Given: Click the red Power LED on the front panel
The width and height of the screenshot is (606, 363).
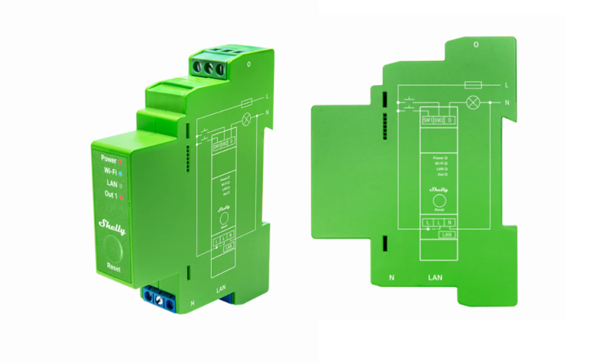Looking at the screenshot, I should point(120,161).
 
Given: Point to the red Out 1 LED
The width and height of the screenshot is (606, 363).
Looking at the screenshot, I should point(120,197).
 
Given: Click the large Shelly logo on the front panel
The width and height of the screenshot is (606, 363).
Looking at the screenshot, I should point(112,227).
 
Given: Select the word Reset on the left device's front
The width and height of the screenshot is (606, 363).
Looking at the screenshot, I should point(113,269).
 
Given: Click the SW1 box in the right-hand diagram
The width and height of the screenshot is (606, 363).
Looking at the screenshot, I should point(427,120).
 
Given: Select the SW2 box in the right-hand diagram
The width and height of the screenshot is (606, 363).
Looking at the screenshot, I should point(439,120).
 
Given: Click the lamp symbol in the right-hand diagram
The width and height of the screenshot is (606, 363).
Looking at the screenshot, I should point(472,102).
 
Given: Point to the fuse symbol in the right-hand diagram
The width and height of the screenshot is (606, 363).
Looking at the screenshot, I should point(473,85).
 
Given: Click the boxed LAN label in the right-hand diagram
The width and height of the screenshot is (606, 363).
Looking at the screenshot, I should point(447,234).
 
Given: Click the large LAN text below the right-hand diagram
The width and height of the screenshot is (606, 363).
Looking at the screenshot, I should point(435,277).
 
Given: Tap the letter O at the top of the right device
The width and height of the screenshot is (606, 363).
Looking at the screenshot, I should point(476,45).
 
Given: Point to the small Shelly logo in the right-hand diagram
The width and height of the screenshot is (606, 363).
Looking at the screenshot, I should point(438,190).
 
